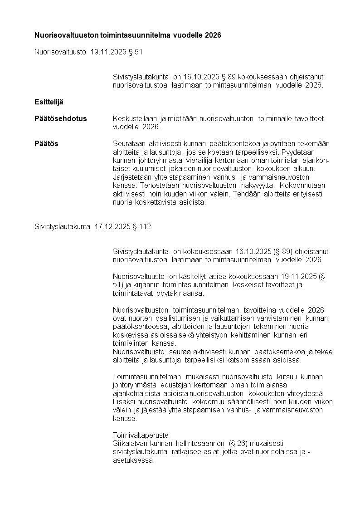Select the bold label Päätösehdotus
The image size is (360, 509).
61,119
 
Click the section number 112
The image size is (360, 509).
145,227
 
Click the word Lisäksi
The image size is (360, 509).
124,402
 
